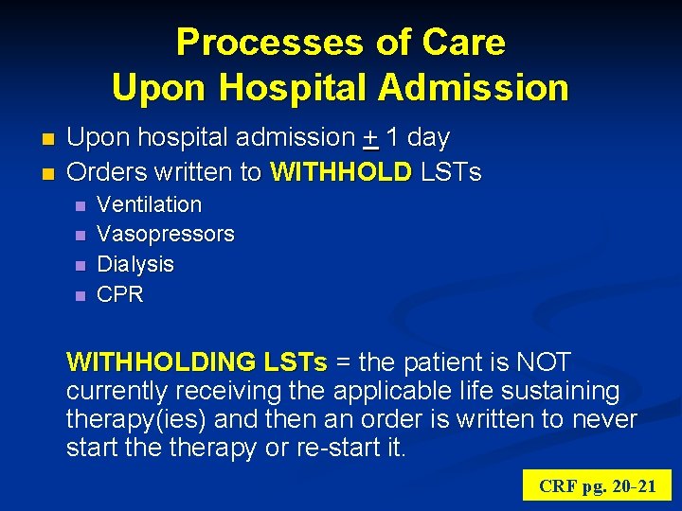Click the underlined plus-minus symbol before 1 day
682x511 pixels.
tap(370, 138)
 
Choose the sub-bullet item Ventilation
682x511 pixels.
tap(150, 204)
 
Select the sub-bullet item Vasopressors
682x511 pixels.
tap(166, 234)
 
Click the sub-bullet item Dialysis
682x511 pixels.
tap(135, 264)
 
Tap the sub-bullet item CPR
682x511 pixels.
tap(120, 294)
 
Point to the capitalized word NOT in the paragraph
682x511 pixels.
tap(544, 362)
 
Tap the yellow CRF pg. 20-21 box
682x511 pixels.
tap(596, 486)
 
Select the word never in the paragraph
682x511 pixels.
tap(604, 419)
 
